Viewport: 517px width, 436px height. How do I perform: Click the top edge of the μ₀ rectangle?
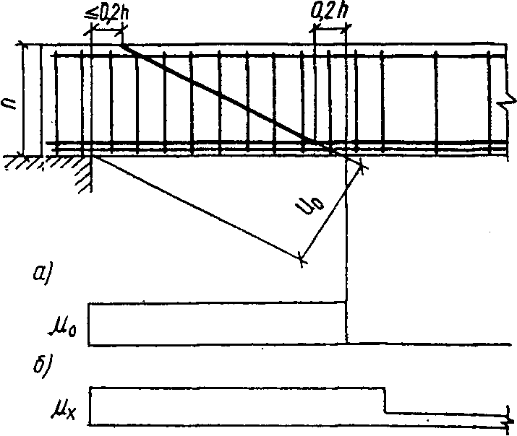point(217,303)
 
